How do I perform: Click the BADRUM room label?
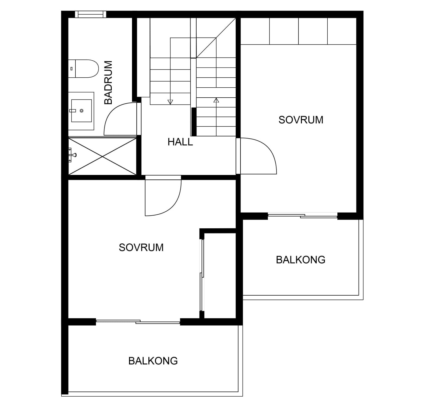coord(108,82)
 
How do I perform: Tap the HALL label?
coord(180,142)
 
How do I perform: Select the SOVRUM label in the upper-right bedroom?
coord(301,120)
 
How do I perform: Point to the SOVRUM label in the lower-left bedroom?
coord(141,248)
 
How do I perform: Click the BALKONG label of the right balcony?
coord(300,260)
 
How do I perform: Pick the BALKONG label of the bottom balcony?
coord(153,361)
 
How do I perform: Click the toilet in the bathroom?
coord(84,69)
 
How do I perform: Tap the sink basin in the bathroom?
coord(81,111)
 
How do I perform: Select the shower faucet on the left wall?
coord(72,155)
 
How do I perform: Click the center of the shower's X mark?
coord(102,156)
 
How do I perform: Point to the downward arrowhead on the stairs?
coord(170,102)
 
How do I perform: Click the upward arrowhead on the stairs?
coord(216,100)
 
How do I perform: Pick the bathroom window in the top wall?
coord(91,14)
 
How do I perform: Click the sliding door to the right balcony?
coord(303,216)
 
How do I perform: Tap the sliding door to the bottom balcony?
coord(138,321)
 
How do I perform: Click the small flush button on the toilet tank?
coord(71,69)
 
